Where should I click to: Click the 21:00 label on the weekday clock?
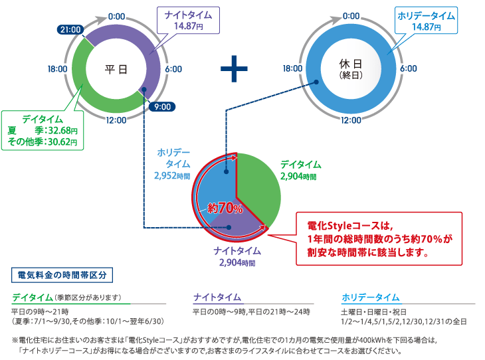pos(70,29)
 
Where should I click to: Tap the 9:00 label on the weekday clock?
pos(161,106)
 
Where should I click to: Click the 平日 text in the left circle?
pos(117,68)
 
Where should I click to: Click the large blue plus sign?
pos(234,68)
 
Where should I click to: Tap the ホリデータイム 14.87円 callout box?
pos(426,20)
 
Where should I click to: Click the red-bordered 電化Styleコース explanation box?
pos(378,238)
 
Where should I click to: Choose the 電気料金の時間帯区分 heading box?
pos(63,274)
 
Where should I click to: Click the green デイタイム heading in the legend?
pos(33,297)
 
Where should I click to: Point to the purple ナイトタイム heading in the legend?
pos(217,297)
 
